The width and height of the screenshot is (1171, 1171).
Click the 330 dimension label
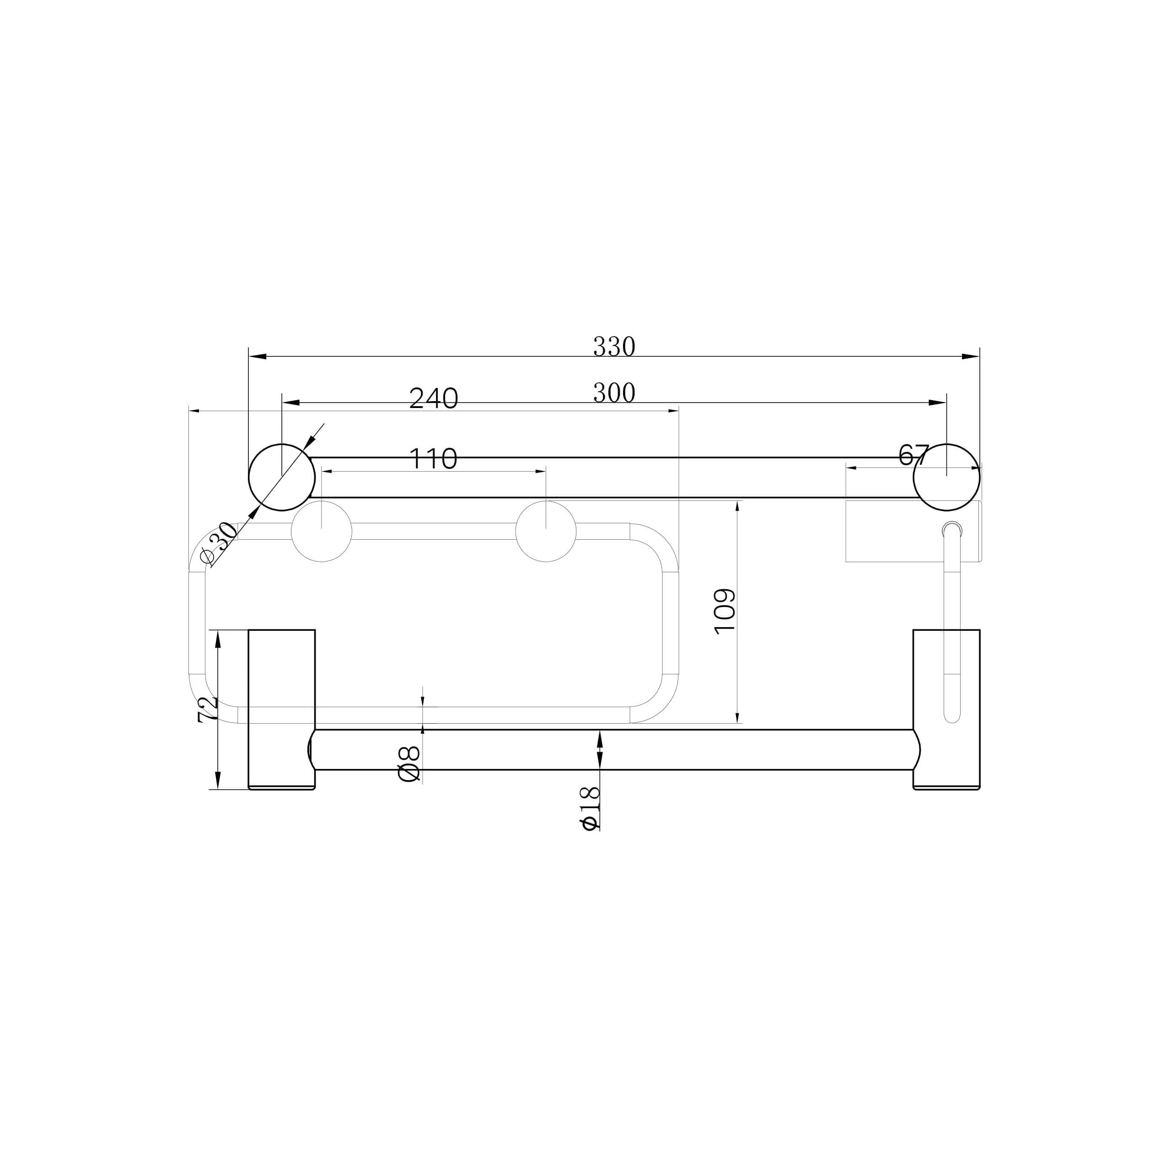[614, 347]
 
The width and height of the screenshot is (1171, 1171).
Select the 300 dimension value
[614, 393]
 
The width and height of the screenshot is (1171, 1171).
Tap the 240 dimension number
[433, 398]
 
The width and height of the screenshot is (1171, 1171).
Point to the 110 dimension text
[433, 459]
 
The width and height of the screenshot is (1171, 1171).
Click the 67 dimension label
[914, 455]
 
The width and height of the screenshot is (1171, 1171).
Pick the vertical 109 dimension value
[725, 612]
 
